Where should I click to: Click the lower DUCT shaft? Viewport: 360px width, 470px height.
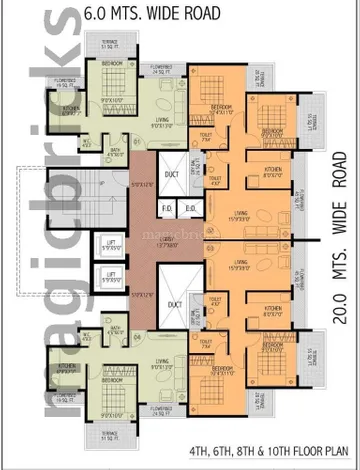click(x=175, y=304)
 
